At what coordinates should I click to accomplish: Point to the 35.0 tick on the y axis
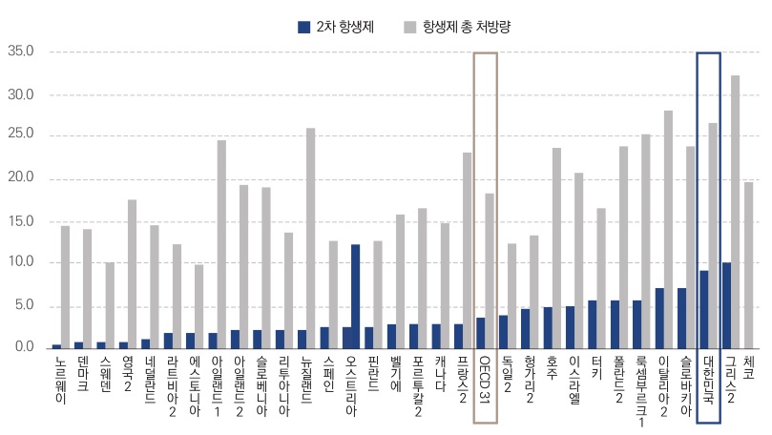(x=20, y=52)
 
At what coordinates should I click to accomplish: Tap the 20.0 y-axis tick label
(x=20, y=178)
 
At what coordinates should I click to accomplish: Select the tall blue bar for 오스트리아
(x=355, y=297)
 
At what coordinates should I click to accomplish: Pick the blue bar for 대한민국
(x=703, y=309)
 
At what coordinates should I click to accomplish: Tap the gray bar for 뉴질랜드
(x=311, y=238)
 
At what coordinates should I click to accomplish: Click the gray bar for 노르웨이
(x=65, y=287)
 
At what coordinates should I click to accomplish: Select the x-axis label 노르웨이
(x=61, y=374)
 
